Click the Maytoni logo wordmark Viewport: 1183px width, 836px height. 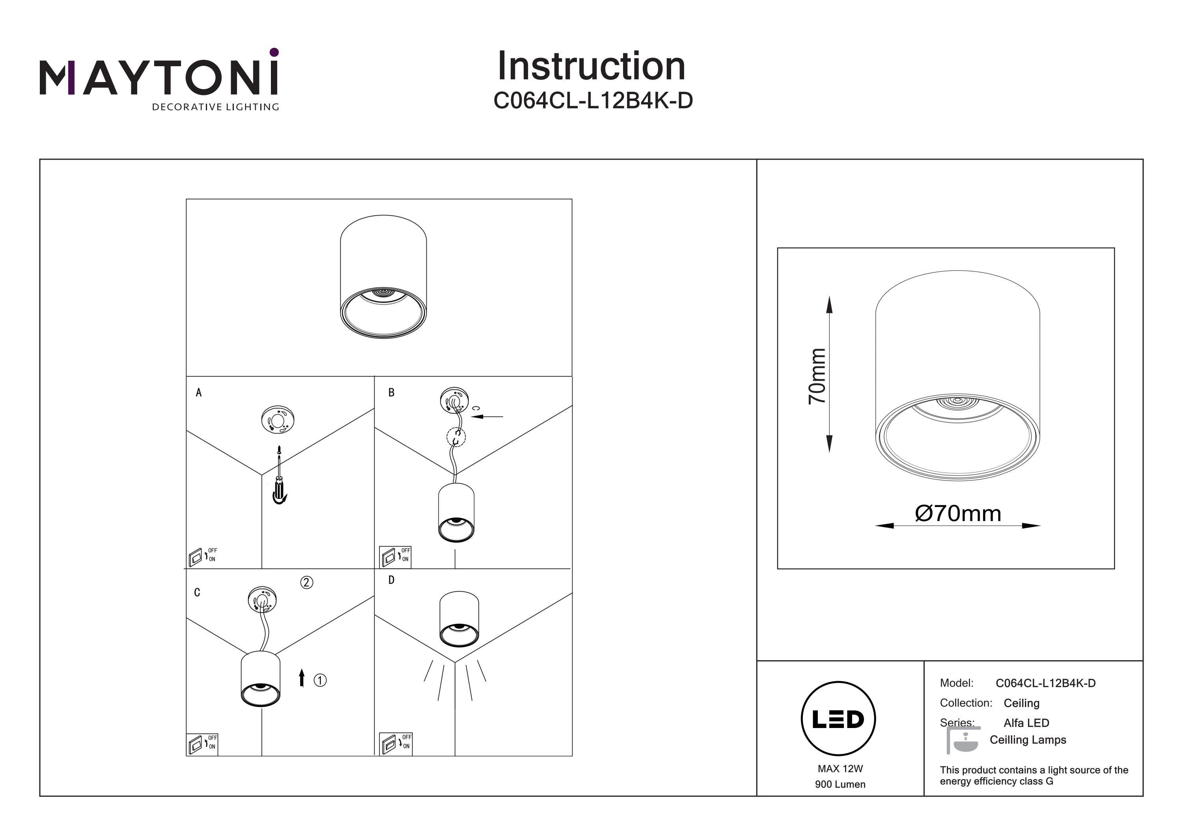pos(159,77)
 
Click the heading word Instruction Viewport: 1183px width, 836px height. pos(591,67)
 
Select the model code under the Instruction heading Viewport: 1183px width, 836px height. pos(593,101)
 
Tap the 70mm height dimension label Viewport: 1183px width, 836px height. pos(817,376)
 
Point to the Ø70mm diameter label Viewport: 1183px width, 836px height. pos(958,514)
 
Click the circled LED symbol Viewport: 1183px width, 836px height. pos(838,719)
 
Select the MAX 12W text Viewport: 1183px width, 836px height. pos(840,769)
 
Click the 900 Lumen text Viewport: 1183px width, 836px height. pos(840,784)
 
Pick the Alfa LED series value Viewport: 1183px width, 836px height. pos(1026,722)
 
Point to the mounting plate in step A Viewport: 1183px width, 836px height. pos(278,420)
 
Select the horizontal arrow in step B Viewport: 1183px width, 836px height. pos(487,416)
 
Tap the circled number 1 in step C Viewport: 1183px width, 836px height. pos(320,680)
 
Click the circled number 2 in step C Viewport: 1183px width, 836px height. pos(306,583)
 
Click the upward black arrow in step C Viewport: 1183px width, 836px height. pos(302,678)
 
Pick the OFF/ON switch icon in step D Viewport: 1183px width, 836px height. pos(396,744)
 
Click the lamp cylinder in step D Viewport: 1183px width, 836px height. pos(459,618)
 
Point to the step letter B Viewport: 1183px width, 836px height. pos(391,393)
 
